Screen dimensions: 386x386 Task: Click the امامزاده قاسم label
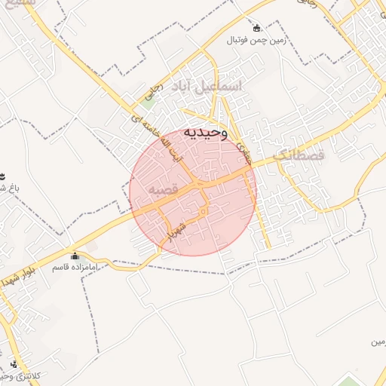[74, 267]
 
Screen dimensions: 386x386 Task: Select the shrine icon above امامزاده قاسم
[74, 256]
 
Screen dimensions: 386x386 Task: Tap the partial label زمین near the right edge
[377, 343]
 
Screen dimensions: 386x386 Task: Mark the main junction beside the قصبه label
[198, 183]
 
